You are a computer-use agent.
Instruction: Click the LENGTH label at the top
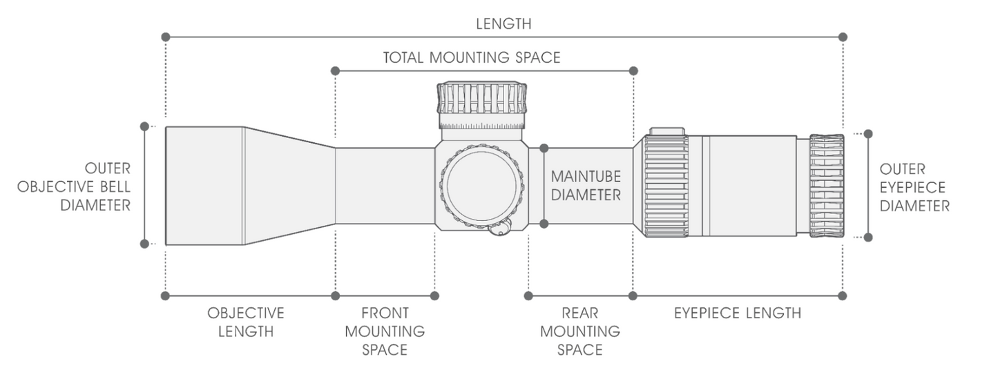pos(503,23)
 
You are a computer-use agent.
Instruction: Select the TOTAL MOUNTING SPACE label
pos(472,57)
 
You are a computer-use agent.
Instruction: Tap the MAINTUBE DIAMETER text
pos(586,186)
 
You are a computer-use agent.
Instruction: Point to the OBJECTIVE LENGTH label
pos(245,322)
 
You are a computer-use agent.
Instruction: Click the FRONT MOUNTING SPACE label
pos(385,331)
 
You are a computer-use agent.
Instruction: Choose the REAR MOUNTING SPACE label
pos(580,331)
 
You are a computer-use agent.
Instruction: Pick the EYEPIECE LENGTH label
pos(738,313)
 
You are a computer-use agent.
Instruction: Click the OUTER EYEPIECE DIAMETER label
pos(914,188)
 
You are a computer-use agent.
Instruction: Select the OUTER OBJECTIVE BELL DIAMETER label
pos(74,186)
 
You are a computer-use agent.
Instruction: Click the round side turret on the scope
pos(481,184)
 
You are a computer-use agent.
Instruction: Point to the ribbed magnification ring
pos(666,186)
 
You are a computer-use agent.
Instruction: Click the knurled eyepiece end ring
pos(827,186)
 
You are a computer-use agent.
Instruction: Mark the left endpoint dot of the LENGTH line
pos(165,37)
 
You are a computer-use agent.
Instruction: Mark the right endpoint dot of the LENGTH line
pos(843,37)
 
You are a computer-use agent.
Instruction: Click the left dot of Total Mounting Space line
pos(336,71)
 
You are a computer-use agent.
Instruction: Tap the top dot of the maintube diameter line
pos(544,148)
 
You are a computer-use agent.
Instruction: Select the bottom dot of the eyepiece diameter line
pos(868,238)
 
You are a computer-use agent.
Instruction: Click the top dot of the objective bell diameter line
pos(144,126)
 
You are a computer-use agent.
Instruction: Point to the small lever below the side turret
pos(500,228)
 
